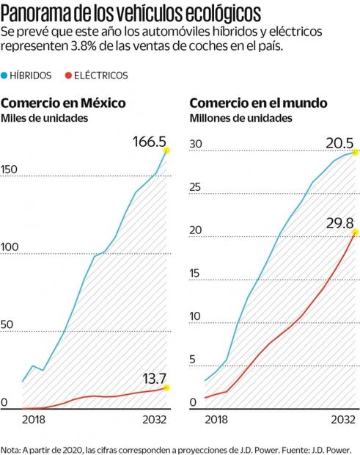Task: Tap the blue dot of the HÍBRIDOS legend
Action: click(x=7, y=75)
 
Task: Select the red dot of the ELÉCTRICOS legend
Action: click(x=69, y=75)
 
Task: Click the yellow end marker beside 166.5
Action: click(x=167, y=150)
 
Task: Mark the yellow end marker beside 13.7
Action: click(x=166, y=387)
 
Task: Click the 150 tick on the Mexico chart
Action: click(x=10, y=170)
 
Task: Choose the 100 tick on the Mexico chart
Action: click(x=10, y=248)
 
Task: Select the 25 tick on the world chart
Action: click(x=196, y=188)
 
